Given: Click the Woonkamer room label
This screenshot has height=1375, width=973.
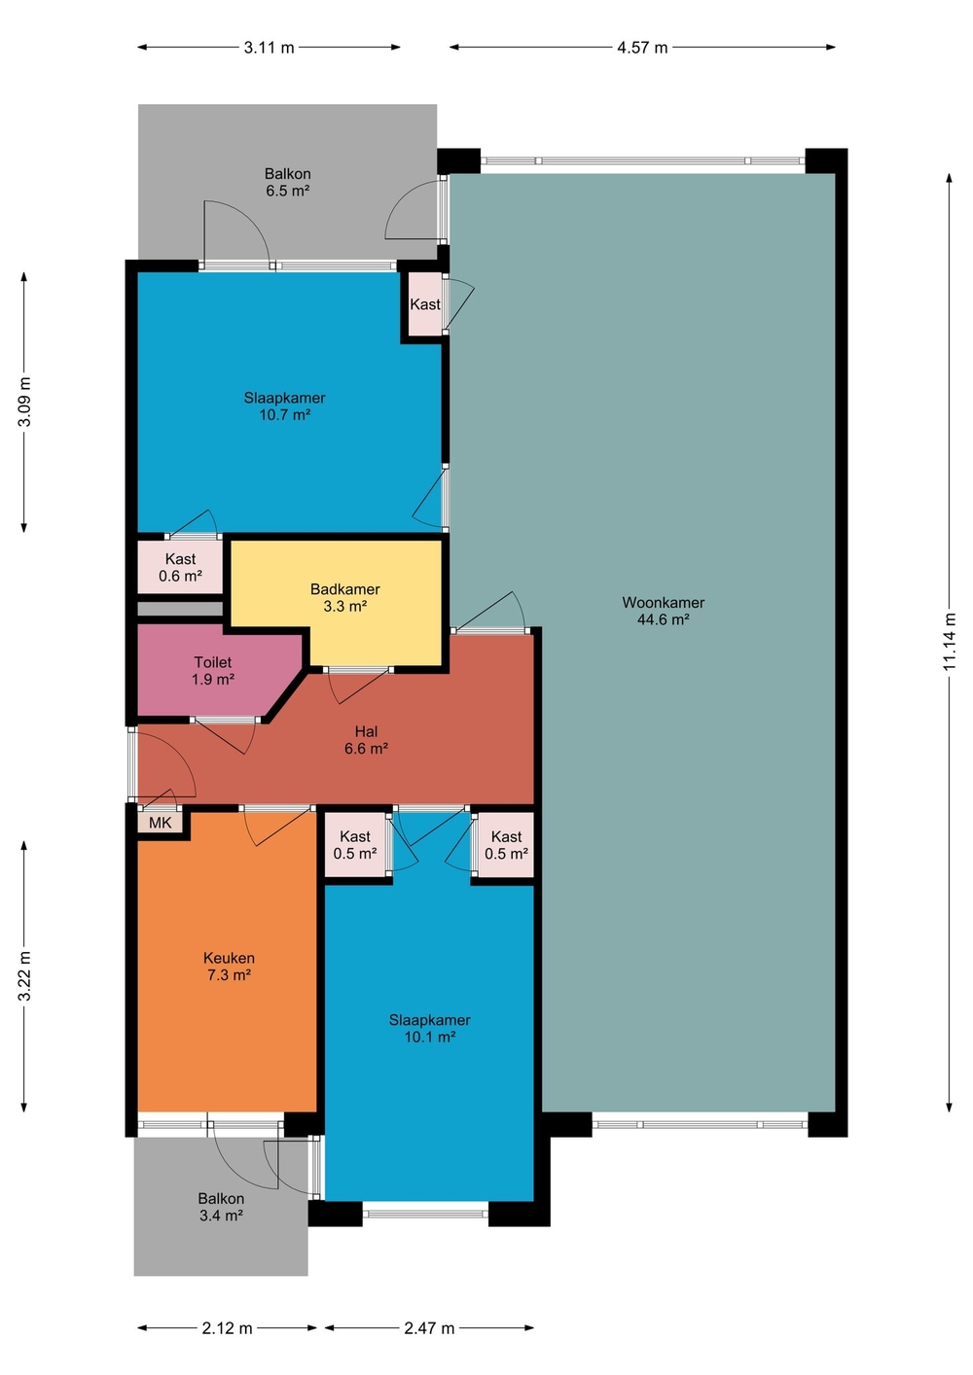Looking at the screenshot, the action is click(x=663, y=602).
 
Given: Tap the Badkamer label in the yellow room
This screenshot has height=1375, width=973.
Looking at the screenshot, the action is click(x=344, y=589).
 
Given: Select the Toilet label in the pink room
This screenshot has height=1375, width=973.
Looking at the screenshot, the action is click(x=212, y=662).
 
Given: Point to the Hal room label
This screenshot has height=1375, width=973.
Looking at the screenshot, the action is click(x=366, y=731).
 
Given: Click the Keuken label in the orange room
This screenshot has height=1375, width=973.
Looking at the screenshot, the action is click(x=229, y=958).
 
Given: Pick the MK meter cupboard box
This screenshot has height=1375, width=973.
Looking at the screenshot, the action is click(x=160, y=823).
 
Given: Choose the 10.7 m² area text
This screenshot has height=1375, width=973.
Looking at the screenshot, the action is click(x=284, y=414).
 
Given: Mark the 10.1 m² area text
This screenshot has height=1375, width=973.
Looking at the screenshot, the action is click(x=429, y=1037).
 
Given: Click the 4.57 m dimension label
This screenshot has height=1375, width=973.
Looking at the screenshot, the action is click(x=642, y=48).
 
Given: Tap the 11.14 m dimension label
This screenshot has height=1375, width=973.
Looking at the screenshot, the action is click(x=950, y=642).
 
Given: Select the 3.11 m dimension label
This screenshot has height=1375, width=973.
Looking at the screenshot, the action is click(x=270, y=48).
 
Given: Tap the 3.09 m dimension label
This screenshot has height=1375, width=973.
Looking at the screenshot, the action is click(x=24, y=402).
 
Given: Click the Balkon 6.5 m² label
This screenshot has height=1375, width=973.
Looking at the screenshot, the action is click(x=287, y=182).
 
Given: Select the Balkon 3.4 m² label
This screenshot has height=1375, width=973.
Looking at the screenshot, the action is click(x=221, y=1206).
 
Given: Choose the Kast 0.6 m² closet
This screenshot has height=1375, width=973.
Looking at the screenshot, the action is click(x=180, y=567).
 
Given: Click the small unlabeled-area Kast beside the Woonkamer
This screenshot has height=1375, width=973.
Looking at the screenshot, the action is click(x=425, y=304).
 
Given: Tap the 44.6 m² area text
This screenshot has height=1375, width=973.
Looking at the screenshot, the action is click(x=663, y=619).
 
